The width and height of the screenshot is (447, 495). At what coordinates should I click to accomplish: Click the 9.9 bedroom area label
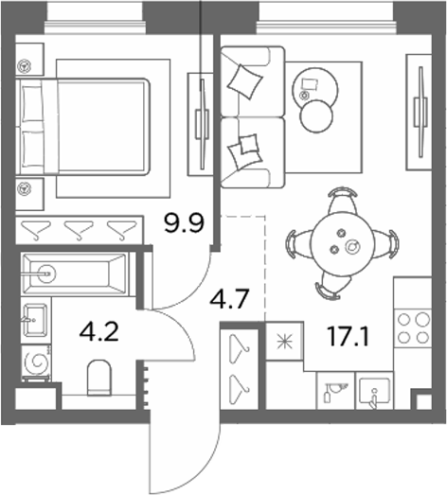pos(185,222)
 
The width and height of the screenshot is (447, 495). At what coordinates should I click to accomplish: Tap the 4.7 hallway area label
pos(230,298)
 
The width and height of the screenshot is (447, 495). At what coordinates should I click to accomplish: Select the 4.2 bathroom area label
pos(98,332)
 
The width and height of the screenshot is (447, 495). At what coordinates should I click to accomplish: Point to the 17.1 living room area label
pos(348,336)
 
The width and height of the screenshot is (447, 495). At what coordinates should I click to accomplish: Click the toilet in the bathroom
pos(98,378)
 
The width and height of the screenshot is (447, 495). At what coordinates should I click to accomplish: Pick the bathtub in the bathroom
pos(75,274)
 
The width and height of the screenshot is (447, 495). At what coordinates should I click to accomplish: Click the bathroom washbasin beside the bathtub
pos(35,320)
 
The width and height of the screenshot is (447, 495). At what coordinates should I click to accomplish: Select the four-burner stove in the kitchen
pos(413,328)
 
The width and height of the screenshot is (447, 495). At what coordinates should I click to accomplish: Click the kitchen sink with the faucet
pos(374,391)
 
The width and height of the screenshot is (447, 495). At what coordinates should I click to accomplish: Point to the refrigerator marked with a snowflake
pos(285,342)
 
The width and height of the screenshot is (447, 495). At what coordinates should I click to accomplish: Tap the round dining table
pos(342,243)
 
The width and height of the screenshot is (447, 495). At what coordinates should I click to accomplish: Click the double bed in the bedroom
pos(83,127)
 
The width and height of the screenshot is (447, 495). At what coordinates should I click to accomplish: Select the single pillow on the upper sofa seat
pos(245,81)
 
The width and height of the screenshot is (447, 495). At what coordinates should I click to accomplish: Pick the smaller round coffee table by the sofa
pos(316,116)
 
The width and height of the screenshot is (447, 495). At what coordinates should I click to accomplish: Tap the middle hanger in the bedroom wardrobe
pos(79,229)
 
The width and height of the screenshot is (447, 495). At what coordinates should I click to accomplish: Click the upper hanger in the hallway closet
pos(240,349)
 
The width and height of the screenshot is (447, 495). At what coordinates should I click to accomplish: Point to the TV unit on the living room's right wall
pos(419,112)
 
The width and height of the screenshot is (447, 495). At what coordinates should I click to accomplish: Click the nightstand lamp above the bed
pos(25,66)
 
